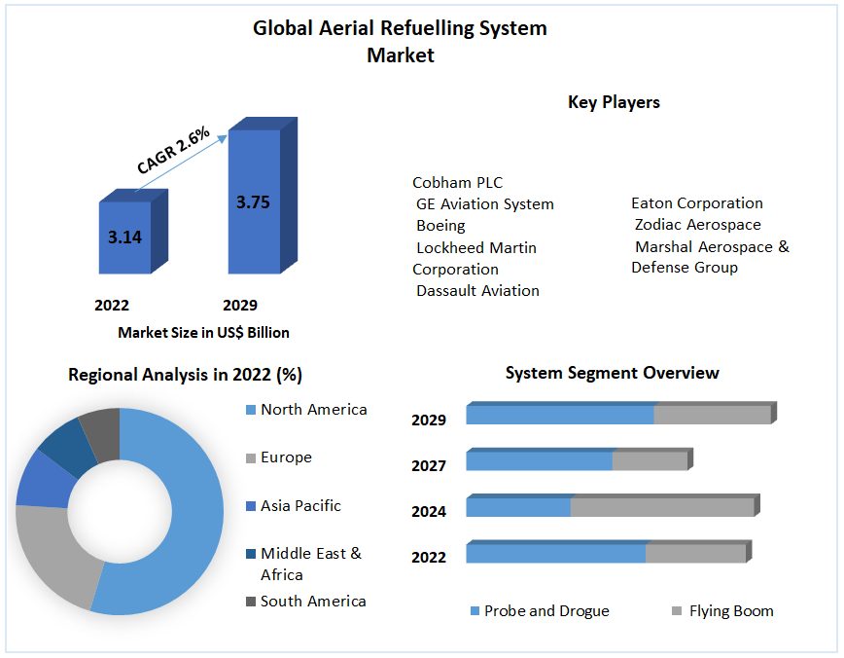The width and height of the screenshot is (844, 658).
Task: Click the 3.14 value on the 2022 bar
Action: pos(124,237)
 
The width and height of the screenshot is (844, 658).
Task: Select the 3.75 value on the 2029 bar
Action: pos(253,202)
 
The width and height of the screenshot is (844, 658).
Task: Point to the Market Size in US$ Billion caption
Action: pos(203,333)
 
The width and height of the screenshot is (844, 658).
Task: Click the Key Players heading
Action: pos(614,102)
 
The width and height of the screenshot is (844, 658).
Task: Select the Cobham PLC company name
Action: pos(458,183)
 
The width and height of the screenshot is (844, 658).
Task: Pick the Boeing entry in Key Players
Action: pos(440,226)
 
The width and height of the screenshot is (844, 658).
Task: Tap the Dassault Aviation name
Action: pos(477,290)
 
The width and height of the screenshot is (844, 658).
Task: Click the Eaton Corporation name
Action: pos(697,203)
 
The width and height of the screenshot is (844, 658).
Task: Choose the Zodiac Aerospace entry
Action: pos(698,225)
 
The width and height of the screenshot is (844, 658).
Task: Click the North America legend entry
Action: pos(313,410)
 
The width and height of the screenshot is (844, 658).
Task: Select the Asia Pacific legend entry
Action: pos(300,506)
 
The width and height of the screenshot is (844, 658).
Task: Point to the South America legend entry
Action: pos(312,602)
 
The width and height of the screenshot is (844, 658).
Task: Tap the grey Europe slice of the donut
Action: pos(53,555)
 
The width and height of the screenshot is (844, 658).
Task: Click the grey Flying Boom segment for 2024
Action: pos(661,507)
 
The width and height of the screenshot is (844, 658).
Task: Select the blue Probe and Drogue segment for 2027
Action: pos(540,460)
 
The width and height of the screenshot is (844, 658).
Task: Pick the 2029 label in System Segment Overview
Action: pos(429,420)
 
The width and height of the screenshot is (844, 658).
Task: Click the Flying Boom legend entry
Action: pos(730,611)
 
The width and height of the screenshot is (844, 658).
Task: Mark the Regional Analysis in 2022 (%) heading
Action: pos(185,375)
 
